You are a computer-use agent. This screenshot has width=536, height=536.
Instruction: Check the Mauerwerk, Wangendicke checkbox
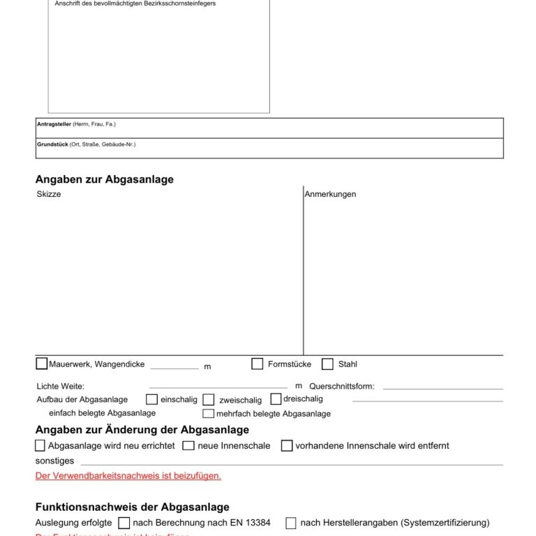click(42, 364)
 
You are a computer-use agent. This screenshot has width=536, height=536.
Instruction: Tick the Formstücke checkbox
click(258, 364)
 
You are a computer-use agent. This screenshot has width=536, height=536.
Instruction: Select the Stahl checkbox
click(327, 364)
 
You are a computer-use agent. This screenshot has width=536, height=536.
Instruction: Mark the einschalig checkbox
click(151, 399)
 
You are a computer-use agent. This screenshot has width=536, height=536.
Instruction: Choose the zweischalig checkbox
click(209, 400)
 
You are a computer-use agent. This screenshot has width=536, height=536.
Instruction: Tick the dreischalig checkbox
click(276, 399)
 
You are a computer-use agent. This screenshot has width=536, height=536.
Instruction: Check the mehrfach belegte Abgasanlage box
click(208, 413)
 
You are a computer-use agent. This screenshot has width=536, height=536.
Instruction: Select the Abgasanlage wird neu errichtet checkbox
click(40, 445)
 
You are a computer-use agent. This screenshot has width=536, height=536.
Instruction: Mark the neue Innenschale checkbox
click(188, 445)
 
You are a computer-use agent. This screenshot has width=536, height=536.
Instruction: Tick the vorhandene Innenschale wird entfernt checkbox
click(287, 445)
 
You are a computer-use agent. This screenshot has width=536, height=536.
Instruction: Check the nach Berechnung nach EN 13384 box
click(124, 523)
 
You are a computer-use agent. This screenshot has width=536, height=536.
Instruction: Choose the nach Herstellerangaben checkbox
click(291, 523)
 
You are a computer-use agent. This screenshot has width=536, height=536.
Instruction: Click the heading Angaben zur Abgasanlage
click(105, 179)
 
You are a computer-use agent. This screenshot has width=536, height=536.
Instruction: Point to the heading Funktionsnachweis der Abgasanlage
click(132, 507)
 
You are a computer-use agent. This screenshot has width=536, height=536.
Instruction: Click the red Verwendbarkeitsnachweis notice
click(128, 476)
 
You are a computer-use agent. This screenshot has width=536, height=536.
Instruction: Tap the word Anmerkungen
click(330, 194)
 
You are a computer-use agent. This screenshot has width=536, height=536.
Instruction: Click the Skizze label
click(49, 194)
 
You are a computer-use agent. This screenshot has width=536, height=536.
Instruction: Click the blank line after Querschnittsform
click(442, 387)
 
